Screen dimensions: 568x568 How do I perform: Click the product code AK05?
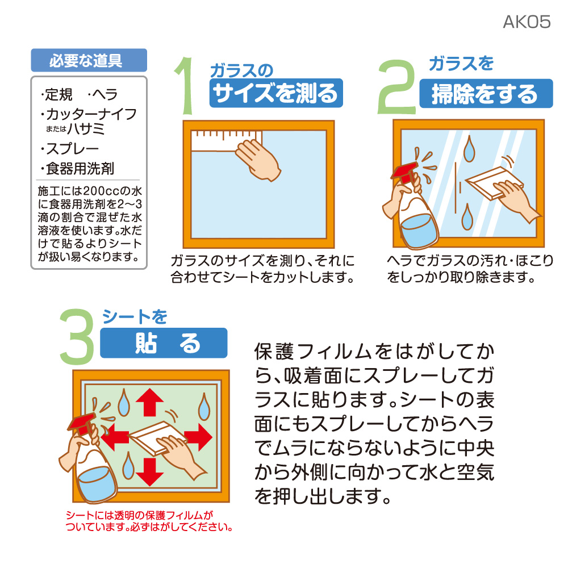pos(527,22)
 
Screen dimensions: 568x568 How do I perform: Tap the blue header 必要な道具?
pos(89,60)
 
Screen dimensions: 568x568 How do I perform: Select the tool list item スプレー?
pos(70,148)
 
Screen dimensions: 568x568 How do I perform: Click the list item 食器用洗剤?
pos(77,169)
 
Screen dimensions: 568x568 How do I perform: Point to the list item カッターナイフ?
pos(89,114)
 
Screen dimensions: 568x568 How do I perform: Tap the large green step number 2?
pos(396,87)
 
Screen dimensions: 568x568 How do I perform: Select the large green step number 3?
pos(77,336)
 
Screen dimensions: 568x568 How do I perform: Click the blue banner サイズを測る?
pos(276,93)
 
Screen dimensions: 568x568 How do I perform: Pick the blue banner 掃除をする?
pos(486,94)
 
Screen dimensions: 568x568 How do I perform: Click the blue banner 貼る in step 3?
pos(164,343)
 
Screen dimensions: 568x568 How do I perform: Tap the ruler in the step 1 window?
pos(226,141)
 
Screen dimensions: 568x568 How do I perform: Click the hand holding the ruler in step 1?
pos(258,160)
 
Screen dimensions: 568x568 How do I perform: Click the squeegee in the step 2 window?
pos(494,182)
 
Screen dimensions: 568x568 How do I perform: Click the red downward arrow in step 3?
pos(149,471)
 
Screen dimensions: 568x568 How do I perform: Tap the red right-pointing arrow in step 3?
pos(198,437)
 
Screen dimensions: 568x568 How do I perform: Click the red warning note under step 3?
pos(149,521)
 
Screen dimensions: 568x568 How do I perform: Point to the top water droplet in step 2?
pos(470,148)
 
